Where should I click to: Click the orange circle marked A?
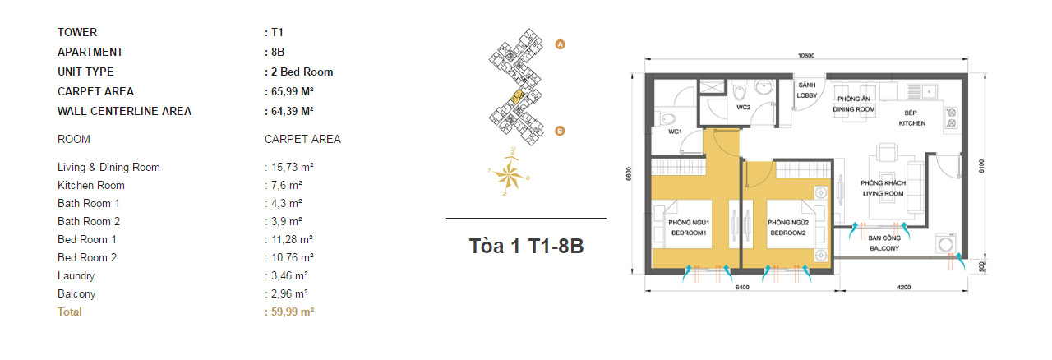[560, 44]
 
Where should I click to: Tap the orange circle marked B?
[560, 132]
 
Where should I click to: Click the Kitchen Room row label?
[91, 186]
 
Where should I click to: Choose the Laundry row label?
[76, 276]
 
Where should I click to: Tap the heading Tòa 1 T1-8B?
[527, 246]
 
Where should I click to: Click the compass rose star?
[509, 176]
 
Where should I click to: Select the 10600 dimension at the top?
[806, 55]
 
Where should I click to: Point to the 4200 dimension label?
[903, 287]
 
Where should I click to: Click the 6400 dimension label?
[742, 287]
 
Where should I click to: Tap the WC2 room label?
[744, 107]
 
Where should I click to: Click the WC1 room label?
[675, 132]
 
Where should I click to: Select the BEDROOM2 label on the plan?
[788, 233]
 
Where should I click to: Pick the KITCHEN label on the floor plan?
[912, 123]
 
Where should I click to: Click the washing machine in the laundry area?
[946, 244]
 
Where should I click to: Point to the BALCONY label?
[884, 248]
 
